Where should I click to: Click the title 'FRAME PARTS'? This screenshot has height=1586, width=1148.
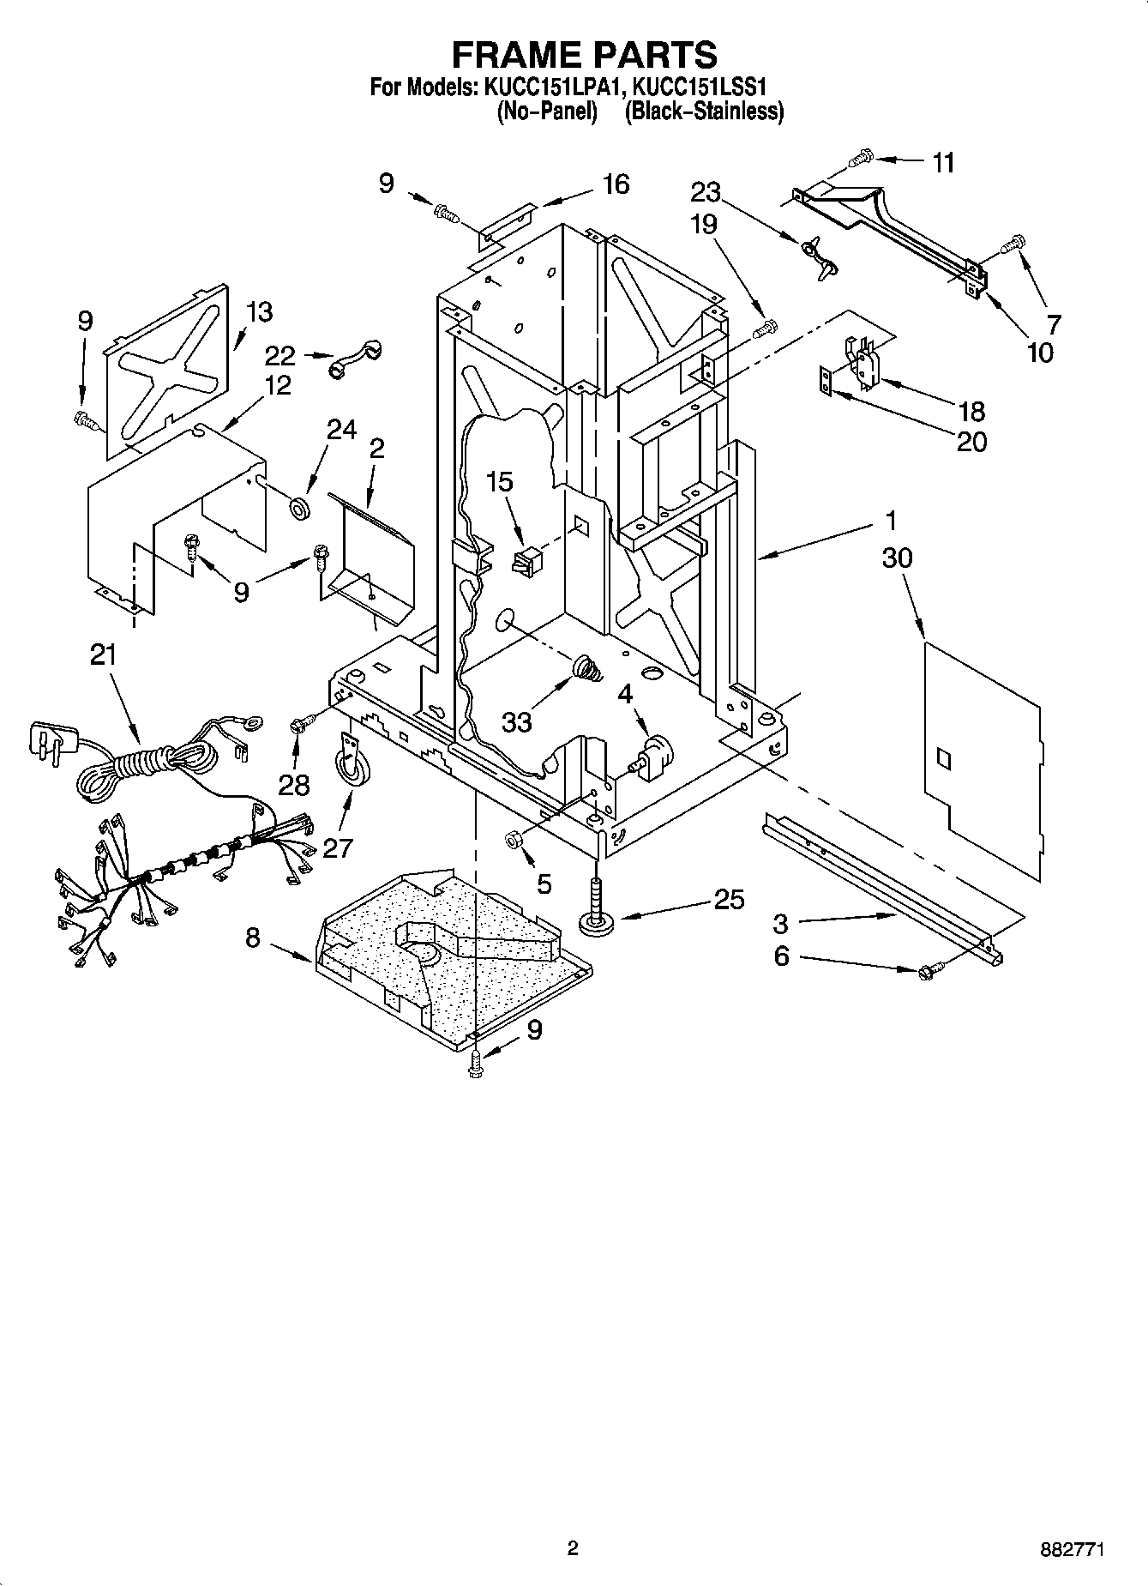(x=584, y=54)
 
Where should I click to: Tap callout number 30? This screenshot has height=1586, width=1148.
(x=897, y=558)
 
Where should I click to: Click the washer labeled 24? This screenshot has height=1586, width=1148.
(x=299, y=507)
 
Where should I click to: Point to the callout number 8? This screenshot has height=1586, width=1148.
(x=253, y=938)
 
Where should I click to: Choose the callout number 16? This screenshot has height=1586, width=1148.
(x=616, y=184)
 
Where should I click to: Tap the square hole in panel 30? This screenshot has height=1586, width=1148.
(x=942, y=757)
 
